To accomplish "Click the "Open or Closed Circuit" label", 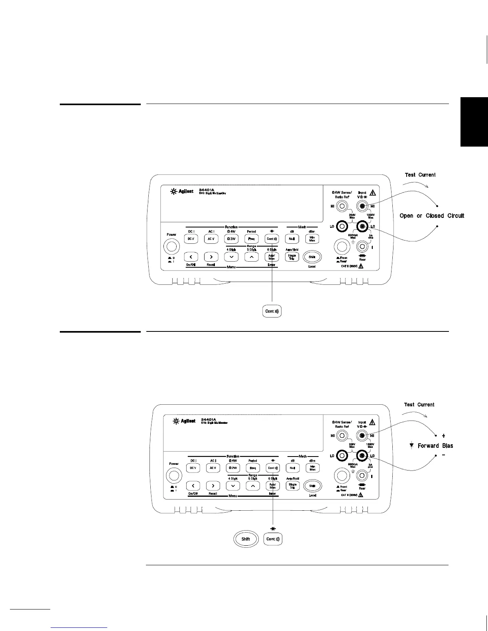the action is [432, 216].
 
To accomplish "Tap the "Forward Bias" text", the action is [435, 446].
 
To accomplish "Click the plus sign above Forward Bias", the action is [444, 436].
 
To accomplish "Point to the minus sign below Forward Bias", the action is [444, 455].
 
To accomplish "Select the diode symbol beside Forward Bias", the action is [412, 446].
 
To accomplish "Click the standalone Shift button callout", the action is [246, 539].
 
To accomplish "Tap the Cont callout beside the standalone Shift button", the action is [273, 539].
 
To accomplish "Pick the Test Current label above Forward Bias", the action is [419, 405].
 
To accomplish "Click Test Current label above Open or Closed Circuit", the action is [420, 175].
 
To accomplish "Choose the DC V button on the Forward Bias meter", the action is [193, 468].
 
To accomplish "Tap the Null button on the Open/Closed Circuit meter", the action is [292, 239].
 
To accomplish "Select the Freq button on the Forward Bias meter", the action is [253, 468].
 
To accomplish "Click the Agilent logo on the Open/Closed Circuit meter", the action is [182, 191].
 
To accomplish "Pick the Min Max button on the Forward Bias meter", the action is [313, 468].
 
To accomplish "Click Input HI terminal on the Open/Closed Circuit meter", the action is [362, 206].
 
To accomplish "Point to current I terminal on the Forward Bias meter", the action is [362, 475].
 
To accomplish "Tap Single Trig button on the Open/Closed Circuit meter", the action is [292, 257].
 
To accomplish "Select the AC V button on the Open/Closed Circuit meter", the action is [211, 239].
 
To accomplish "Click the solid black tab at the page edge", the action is [474, 122].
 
